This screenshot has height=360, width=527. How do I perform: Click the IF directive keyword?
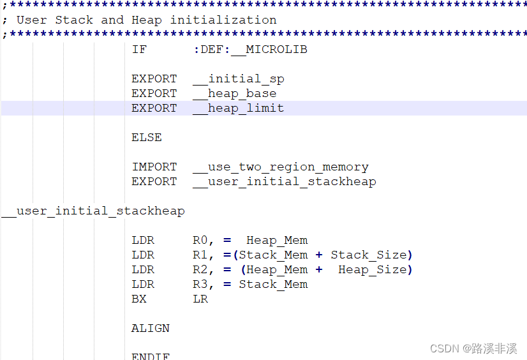pos(139,49)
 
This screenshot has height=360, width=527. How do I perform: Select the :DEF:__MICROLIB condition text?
pos(250,49)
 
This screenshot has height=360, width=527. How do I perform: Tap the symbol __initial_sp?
pos(239,79)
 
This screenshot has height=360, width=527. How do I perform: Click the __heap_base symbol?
pos(235,93)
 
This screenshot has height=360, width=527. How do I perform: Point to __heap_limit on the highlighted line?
pos(239,108)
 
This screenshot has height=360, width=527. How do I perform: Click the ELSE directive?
pos(147,137)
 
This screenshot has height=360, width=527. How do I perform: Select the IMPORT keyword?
pos(154,167)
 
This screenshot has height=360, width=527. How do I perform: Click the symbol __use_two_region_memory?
pos(281,167)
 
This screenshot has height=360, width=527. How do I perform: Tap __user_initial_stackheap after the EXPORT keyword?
pos(285,181)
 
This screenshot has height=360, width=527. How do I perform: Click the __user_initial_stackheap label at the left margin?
pos(93,211)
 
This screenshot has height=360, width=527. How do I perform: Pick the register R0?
pos(204,240)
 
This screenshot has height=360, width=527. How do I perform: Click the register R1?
pos(204,255)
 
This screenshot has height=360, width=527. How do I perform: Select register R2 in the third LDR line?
pos(204,269)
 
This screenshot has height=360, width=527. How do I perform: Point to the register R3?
pos(204,284)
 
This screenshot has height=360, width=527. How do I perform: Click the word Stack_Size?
pos(368,255)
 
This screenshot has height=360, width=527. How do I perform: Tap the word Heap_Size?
pos(372,269)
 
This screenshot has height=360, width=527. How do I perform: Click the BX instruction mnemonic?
pos(139,299)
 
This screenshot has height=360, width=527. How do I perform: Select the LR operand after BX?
pos(200,299)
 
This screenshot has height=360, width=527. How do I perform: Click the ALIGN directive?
pos(151,328)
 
